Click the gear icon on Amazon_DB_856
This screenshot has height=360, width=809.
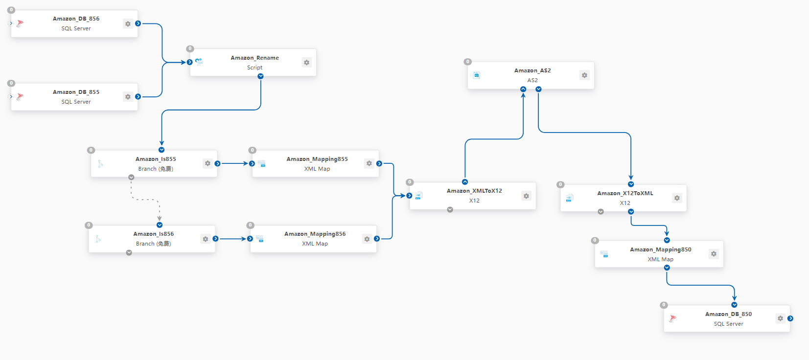(x=128, y=24)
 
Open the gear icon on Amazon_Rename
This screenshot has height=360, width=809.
(x=307, y=63)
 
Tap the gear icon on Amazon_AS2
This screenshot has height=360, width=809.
(x=584, y=75)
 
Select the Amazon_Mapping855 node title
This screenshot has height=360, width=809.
(x=317, y=159)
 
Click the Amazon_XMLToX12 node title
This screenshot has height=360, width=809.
(x=474, y=191)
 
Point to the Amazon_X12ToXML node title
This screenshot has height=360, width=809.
(x=625, y=193)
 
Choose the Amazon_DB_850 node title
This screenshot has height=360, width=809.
(x=728, y=314)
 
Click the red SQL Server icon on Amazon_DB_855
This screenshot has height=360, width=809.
(x=20, y=97)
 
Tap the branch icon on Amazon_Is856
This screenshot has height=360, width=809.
(x=98, y=239)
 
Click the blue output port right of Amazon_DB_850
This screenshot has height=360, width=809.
(x=790, y=318)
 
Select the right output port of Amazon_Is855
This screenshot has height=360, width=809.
(x=217, y=163)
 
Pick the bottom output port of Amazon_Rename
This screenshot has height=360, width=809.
(x=260, y=76)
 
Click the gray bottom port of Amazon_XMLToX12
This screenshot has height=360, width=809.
(x=450, y=209)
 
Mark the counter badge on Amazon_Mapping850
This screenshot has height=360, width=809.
(x=595, y=241)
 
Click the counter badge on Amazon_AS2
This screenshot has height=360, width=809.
(x=468, y=62)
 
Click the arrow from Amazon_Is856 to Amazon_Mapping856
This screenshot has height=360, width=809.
(x=232, y=239)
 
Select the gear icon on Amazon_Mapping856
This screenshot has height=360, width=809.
(x=367, y=239)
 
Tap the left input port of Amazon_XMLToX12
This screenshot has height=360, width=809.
(x=409, y=196)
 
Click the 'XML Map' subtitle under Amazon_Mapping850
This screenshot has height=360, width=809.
(x=661, y=259)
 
